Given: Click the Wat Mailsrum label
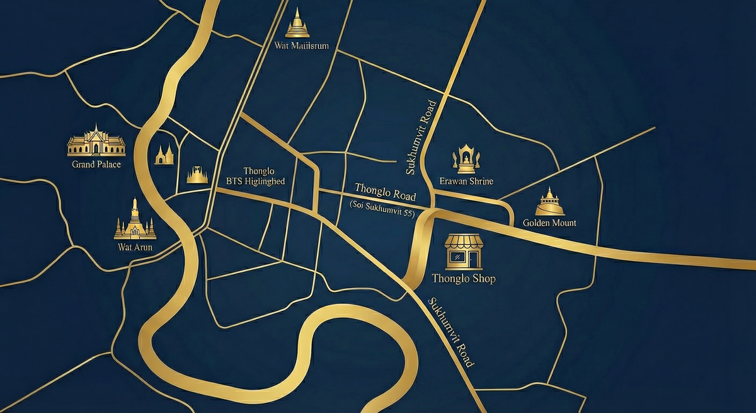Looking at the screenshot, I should tap(302, 45).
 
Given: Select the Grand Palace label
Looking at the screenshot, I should tap(96, 165).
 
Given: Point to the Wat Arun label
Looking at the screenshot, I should tap(135, 247).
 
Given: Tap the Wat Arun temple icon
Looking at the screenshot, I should tap(135, 220).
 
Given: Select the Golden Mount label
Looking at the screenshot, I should tap(549, 223).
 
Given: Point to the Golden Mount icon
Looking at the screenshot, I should tap(549, 202).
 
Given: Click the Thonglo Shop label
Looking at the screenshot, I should tap(464, 278).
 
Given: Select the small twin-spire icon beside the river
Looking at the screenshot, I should tap(165, 154).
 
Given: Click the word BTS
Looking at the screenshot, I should tap(234, 181).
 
